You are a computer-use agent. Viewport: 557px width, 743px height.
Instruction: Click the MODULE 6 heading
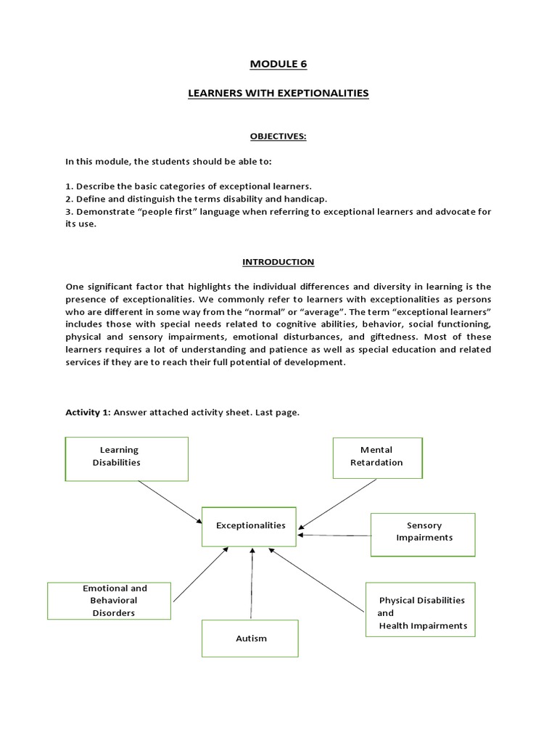[x=278, y=64]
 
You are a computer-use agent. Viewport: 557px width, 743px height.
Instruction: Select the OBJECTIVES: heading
[x=278, y=136]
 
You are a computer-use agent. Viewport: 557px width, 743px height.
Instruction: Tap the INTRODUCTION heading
[x=278, y=261]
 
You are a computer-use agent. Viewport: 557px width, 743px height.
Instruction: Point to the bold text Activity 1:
[x=88, y=412]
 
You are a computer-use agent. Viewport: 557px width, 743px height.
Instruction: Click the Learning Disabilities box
[x=126, y=459]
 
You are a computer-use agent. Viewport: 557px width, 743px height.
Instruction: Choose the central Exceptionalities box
[x=250, y=525]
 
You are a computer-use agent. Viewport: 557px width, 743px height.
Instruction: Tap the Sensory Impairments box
[x=423, y=534]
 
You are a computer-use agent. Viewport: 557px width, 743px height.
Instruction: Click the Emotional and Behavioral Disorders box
[x=110, y=600]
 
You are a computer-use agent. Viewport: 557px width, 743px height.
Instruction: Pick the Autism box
[x=250, y=639]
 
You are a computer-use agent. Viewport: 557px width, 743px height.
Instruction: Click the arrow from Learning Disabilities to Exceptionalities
[x=170, y=501]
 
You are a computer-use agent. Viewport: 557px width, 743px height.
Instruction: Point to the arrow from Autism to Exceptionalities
[x=252, y=584]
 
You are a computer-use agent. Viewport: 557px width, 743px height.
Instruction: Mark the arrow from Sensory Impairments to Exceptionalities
[x=335, y=535]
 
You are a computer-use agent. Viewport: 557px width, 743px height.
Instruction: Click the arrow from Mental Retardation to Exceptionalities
[x=338, y=503]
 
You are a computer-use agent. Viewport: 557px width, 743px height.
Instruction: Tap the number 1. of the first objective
[x=69, y=186]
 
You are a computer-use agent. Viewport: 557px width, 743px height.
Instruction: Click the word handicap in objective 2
[x=309, y=198]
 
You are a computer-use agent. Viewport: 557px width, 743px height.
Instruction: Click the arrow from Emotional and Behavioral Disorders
[x=201, y=575]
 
